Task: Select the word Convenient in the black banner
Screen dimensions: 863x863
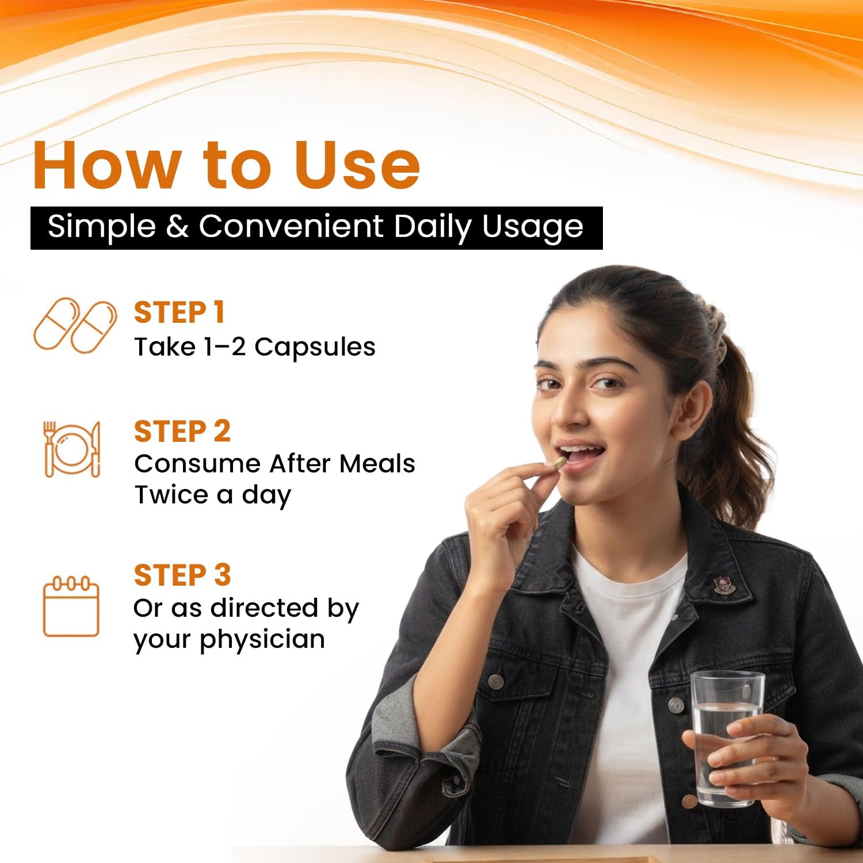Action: (x=291, y=226)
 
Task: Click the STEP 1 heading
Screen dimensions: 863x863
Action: (x=179, y=313)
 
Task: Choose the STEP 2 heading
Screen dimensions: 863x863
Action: (x=182, y=431)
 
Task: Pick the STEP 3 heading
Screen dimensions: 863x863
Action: (x=182, y=575)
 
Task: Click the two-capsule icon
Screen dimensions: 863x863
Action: (x=75, y=325)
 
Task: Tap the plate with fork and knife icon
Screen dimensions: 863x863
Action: (x=72, y=449)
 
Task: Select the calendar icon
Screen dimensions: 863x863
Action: (x=71, y=607)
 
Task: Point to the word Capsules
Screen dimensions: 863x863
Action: (x=315, y=348)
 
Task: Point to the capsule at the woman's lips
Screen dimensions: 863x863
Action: (x=558, y=463)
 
